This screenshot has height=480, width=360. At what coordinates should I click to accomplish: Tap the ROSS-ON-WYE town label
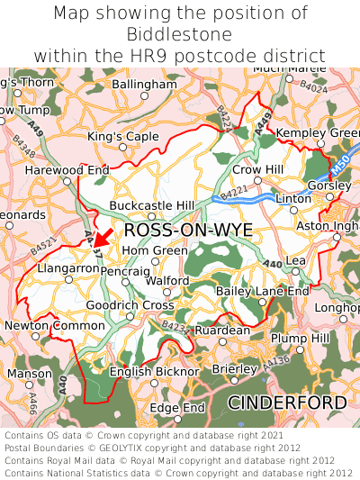click(x=188, y=231)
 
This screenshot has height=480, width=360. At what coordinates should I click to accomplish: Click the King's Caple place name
click(x=122, y=136)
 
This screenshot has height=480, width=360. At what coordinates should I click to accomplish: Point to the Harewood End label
click(x=67, y=169)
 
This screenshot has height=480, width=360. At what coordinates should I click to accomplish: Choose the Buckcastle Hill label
click(x=151, y=205)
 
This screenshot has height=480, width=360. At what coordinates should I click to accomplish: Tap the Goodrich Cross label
click(x=130, y=305)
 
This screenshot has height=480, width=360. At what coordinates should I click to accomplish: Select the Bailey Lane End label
click(x=263, y=291)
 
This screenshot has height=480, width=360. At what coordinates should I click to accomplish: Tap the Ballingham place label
click(x=146, y=84)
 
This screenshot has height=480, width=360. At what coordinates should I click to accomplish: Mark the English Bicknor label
click(x=154, y=371)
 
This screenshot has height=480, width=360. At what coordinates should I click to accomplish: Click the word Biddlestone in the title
click(x=180, y=34)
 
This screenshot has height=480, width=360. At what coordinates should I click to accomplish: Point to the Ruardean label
click(x=222, y=331)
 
